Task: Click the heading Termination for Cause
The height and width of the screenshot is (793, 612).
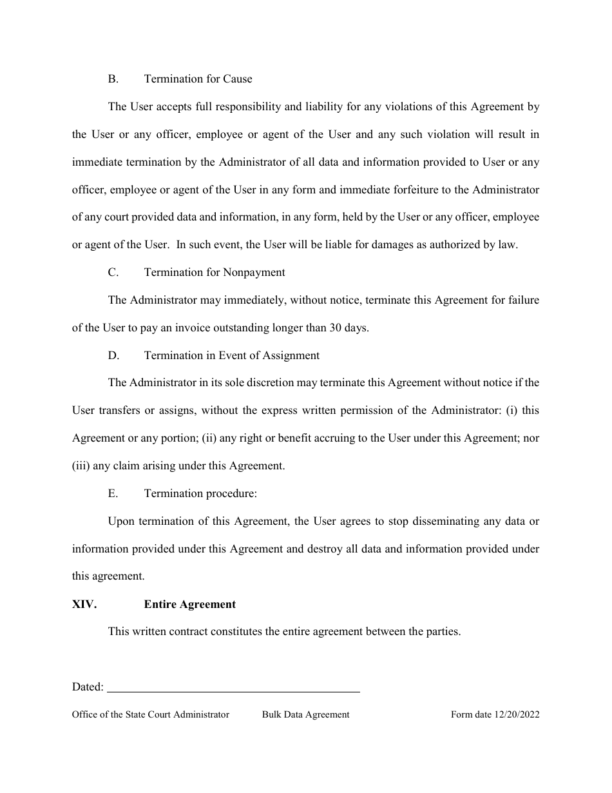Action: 198,79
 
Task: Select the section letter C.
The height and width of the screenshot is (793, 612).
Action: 113,273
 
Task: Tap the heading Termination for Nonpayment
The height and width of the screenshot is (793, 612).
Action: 215,273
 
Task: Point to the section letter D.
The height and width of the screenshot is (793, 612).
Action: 113,355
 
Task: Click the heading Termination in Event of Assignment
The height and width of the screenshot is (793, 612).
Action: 231,355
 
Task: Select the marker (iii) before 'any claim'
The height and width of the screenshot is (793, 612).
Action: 81,465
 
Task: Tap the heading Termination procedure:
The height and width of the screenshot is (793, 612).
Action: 200,493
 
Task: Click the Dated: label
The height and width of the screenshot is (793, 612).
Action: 88,687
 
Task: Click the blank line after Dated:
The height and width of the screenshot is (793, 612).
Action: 233,689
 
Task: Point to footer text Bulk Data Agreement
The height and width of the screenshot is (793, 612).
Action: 305,714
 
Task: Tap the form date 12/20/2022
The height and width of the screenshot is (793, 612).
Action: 517,714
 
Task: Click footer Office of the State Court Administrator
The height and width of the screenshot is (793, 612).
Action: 151,714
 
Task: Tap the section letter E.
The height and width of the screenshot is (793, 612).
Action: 113,493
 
